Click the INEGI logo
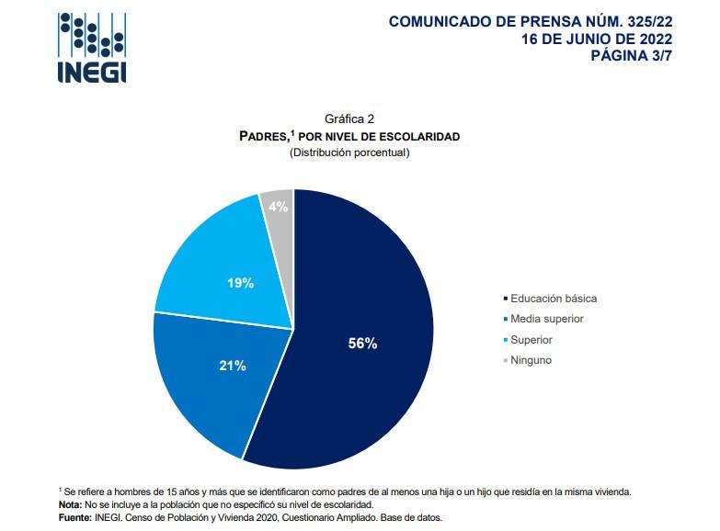[91, 49]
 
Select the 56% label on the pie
[362, 343]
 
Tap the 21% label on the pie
[232, 366]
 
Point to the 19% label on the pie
[240, 284]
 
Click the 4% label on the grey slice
[279, 207]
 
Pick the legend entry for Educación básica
[554, 299]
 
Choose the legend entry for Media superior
[547, 319]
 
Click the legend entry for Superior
[531, 340]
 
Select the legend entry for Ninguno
[531, 360]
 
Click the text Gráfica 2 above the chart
[349, 119]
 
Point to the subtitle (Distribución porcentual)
[349, 153]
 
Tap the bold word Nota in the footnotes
[69, 505]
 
